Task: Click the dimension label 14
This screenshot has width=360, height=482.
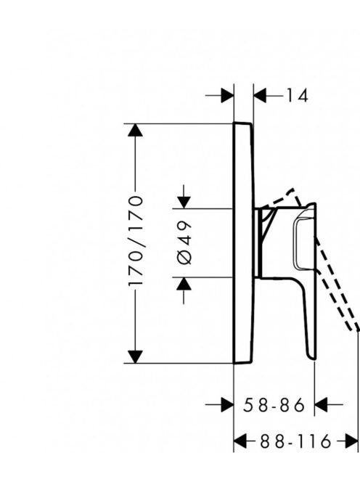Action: coord(297,96)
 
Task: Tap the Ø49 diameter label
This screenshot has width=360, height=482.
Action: coord(184,242)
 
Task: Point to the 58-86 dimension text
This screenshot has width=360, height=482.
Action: coord(274,405)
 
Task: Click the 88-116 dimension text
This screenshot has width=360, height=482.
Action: coord(295,442)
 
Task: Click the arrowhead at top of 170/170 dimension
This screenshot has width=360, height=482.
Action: coord(135,130)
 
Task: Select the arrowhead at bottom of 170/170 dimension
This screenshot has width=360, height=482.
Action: coord(135,357)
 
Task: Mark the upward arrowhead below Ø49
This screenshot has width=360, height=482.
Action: coord(184,283)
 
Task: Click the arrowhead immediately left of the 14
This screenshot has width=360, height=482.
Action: coord(260,96)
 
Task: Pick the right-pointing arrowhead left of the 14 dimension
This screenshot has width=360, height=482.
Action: coord(227,96)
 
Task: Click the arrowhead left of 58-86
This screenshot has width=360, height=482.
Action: coord(227,405)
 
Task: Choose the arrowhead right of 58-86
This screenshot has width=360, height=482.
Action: coord(321,405)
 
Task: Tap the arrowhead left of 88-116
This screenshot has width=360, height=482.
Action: coord(240,442)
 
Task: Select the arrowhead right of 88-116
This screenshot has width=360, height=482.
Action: coord(352,442)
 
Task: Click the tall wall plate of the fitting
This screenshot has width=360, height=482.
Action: coord(244,243)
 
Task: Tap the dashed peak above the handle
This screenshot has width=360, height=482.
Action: coord(293,189)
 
